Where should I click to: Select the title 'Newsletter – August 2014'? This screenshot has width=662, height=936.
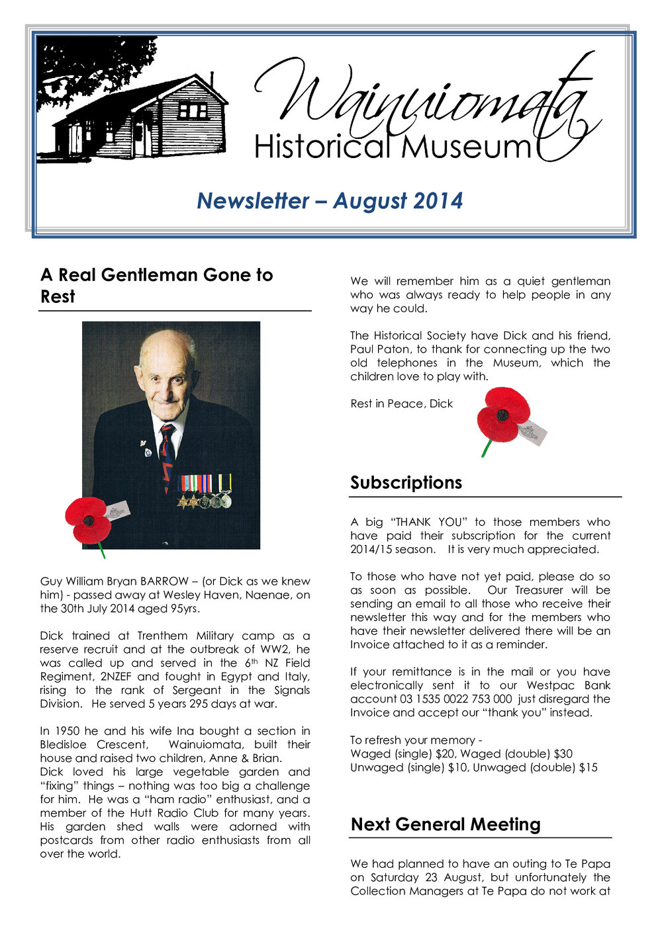click(330, 200)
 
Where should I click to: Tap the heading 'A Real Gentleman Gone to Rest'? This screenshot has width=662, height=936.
click(156, 285)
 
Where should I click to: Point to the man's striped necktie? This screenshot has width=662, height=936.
click(167, 456)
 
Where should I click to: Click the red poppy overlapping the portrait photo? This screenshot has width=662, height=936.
click(89, 521)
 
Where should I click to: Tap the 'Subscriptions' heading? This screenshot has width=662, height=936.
click(406, 482)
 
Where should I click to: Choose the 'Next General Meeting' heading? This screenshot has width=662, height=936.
click(446, 824)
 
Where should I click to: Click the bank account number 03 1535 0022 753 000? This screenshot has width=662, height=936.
click(456, 699)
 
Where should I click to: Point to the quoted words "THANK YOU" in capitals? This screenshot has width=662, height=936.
click(422, 522)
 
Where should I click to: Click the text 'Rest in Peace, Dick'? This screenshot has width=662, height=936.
click(401, 404)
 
